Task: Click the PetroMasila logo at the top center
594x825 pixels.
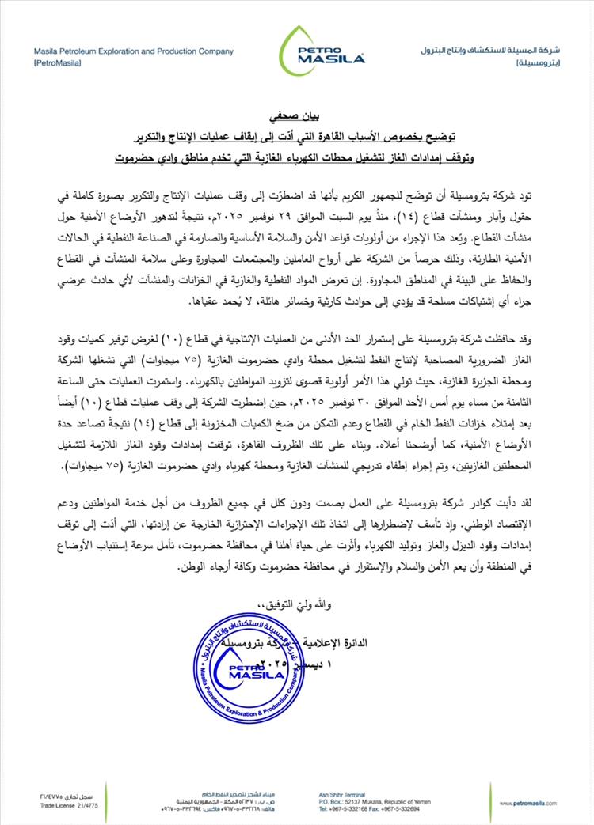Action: (321, 48)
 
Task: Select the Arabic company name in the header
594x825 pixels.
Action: (490, 51)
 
